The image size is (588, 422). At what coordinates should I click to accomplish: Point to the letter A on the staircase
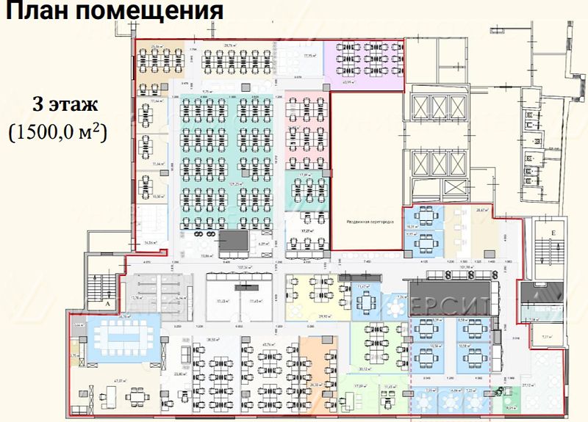click(x=107, y=302)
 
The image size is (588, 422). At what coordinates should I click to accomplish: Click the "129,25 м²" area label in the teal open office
click(x=237, y=183)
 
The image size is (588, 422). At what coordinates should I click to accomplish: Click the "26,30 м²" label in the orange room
click(x=314, y=383)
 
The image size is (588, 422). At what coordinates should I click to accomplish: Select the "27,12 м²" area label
click(x=528, y=384)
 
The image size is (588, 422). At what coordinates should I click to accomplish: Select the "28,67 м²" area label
click(x=481, y=211)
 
